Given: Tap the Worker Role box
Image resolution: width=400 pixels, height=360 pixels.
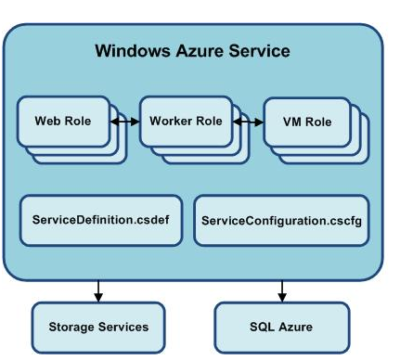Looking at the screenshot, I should tap(187, 122).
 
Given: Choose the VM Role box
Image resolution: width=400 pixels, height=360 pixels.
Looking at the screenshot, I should tap(302, 122).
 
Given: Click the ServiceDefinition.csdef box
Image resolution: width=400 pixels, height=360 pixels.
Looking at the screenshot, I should tap(96, 221).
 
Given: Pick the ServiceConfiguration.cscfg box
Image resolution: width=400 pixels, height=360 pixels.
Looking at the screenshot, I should tap(282, 221).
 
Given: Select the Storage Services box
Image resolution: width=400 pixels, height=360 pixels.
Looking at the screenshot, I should tap(98, 326).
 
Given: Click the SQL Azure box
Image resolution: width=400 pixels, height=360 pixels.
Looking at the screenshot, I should tap(282, 326).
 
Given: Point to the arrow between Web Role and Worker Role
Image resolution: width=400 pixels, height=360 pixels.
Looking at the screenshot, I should tap(125, 122).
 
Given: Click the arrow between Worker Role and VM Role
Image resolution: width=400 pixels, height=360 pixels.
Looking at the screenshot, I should tap(248, 122).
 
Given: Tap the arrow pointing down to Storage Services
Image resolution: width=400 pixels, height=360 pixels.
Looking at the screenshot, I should tap(98, 289).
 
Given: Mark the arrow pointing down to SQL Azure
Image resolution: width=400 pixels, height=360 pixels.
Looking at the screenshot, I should tap(280, 289).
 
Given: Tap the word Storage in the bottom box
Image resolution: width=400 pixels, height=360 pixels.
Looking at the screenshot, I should tap(72, 326).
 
